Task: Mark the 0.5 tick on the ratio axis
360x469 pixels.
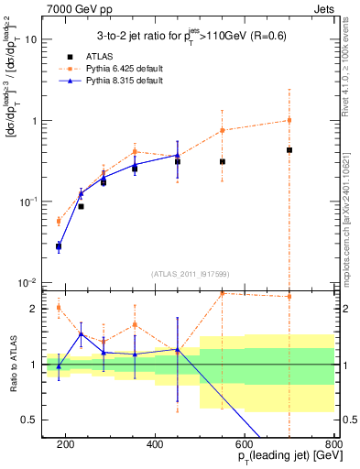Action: pos(34,420)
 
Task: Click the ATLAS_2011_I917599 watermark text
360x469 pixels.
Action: pos(191,275)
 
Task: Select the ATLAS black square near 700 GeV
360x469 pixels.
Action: pos(289,150)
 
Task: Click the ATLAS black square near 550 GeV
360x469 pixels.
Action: pos(223,162)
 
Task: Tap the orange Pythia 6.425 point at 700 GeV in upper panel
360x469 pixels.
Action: pos(289,120)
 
